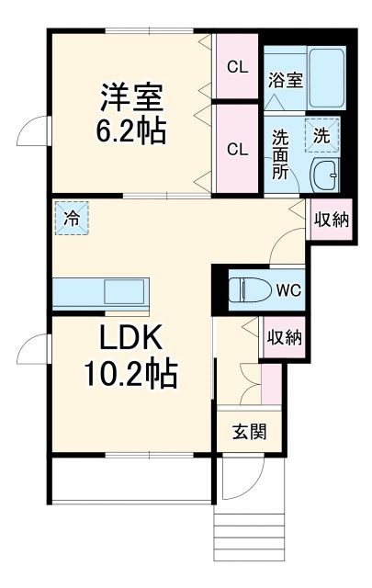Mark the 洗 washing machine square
[x=322, y=134]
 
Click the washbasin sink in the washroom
[x=324, y=172]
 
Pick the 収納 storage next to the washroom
[x=330, y=220]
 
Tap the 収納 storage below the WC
[x=282, y=337]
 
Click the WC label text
[x=288, y=289]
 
